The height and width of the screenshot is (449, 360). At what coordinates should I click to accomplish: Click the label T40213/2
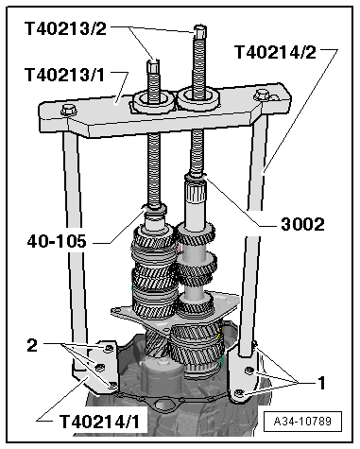pos(65,28)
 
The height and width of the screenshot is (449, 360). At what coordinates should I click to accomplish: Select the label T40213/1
pos(64,75)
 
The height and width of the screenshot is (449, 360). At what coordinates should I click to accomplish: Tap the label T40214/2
pos(275,52)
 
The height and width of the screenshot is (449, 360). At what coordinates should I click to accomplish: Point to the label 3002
pos(302,225)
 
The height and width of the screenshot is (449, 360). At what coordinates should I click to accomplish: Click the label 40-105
pos(57,242)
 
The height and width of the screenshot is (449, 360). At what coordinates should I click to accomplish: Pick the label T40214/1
pos(99,422)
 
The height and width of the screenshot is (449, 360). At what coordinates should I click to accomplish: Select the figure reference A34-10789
pos(302,422)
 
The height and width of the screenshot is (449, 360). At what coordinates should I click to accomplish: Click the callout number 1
pos(321,383)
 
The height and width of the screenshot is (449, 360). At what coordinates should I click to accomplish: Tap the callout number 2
pos(32,346)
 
